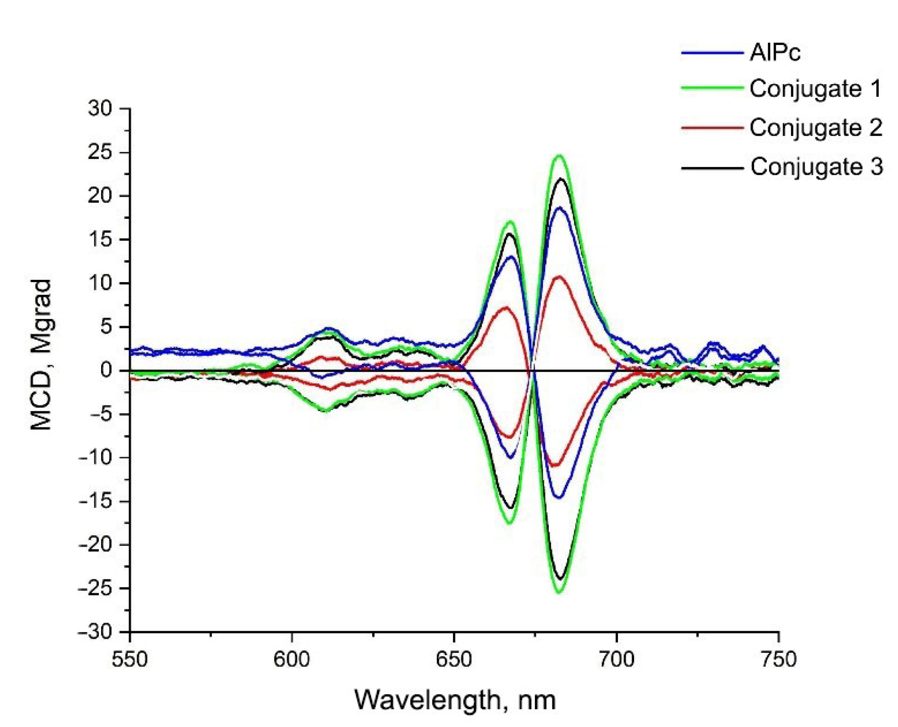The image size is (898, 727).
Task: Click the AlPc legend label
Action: click(775, 53)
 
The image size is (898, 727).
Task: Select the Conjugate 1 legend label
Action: click(815, 89)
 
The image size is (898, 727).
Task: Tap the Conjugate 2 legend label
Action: click(816, 128)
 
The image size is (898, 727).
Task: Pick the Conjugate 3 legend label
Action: click(816, 167)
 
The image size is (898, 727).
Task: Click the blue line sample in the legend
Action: click(711, 53)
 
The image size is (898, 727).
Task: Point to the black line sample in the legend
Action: click(711, 168)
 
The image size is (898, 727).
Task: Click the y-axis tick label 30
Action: click(100, 108)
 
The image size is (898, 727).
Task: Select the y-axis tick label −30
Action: click(95, 632)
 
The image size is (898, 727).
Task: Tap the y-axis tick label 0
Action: click(106, 370)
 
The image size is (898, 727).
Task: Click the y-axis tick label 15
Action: click(100, 239)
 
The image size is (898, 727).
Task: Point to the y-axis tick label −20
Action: click(95, 545)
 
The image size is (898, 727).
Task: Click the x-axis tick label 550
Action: click(130, 660)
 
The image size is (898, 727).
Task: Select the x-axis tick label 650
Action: click(454, 660)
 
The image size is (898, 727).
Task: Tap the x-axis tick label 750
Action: click(778, 660)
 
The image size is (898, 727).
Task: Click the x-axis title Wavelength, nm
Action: click(455, 700)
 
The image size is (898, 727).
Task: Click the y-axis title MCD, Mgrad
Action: click(41, 355)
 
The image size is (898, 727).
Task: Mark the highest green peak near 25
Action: click(559, 156)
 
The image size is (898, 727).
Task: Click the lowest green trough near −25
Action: click(559, 592)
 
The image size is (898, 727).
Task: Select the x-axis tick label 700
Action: click(617, 660)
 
